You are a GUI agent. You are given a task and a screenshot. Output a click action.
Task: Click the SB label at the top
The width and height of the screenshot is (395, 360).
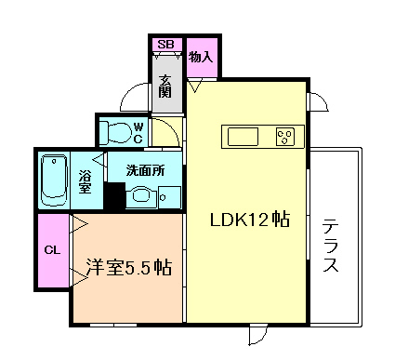[165, 44]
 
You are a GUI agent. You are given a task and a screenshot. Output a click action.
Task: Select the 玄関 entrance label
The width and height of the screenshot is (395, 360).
[165, 86]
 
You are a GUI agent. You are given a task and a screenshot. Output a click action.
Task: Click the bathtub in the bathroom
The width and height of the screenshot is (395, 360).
[54, 180]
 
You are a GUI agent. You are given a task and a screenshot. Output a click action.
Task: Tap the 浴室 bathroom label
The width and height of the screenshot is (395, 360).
[84, 180]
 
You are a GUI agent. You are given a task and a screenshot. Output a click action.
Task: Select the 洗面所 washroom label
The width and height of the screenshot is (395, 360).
[146, 171]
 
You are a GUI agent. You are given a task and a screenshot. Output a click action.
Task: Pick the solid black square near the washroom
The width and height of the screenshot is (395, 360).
[114, 197]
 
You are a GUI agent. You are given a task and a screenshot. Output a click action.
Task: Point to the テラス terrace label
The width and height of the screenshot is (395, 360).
[331, 246]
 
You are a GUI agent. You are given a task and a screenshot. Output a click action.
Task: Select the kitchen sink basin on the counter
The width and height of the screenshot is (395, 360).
[244, 137]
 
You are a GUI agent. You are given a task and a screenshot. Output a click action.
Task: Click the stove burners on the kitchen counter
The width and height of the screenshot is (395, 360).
[284, 137]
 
